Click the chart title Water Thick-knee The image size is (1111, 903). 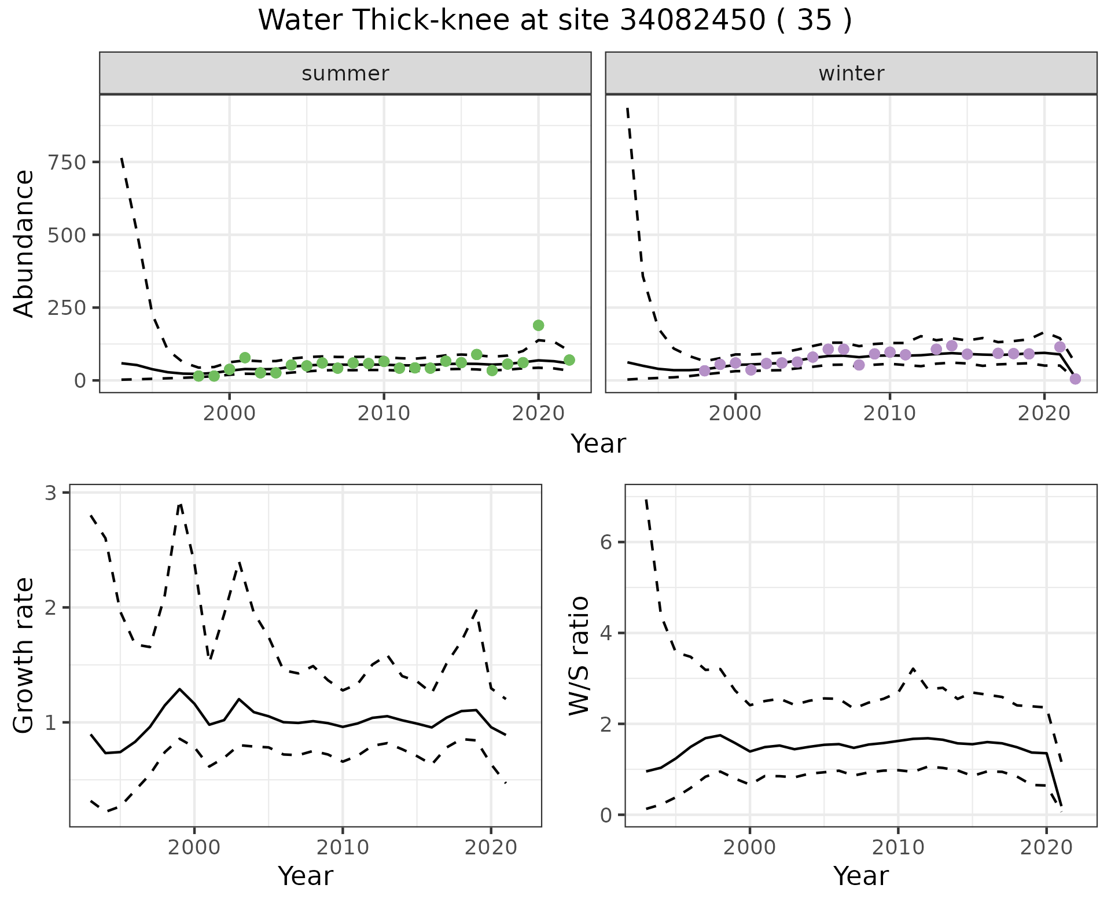[554, 21]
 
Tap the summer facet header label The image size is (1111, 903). [345, 74]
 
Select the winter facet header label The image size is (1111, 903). [851, 74]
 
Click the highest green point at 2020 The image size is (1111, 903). [538, 325]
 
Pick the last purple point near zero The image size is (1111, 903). [1075, 379]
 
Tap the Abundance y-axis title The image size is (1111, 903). [24, 243]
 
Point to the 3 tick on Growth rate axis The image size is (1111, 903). [51, 493]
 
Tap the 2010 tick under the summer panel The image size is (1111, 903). [384, 414]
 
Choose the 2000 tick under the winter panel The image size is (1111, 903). [735, 414]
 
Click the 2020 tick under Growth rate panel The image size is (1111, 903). [491, 848]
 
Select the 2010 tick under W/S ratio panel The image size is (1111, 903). [898, 848]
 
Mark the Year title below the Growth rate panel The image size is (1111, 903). [306, 876]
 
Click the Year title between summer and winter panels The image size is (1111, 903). [598, 444]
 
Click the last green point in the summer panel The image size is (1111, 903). [569, 360]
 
